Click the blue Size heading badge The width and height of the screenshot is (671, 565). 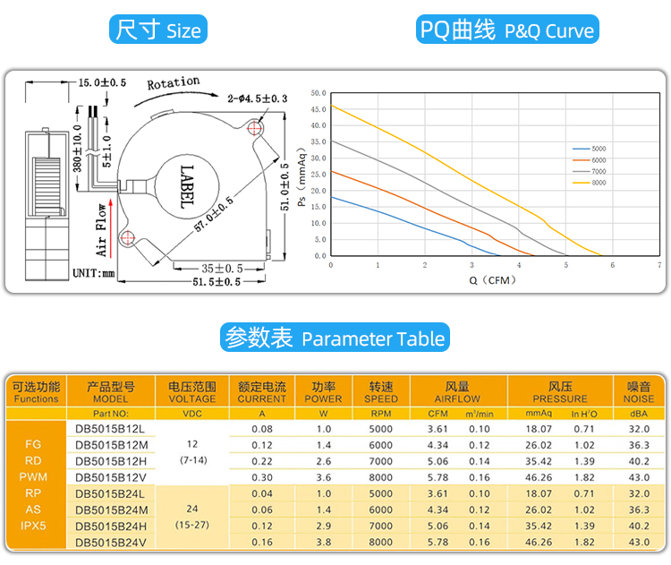click(158, 30)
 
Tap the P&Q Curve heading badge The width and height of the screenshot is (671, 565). click(507, 30)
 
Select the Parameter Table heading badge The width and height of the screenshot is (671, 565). click(335, 338)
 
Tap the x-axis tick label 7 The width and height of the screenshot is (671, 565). click(658, 265)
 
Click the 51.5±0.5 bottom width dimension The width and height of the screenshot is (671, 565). click(206, 282)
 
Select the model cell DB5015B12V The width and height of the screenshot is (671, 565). click(111, 477)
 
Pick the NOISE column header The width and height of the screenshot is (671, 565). click(639, 392)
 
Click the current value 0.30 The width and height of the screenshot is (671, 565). click(262, 477)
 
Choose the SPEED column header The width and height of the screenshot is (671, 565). click(381, 392)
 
